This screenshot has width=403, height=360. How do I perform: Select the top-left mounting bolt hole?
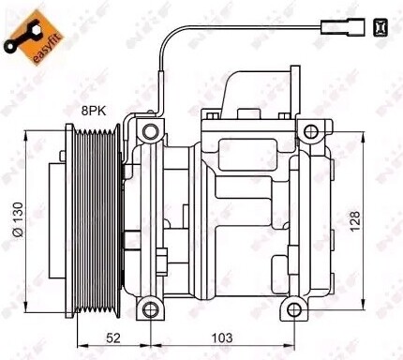pyautogui.click(x=145, y=129)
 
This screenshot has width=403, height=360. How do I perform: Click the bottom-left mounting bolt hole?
pyautogui.click(x=145, y=308)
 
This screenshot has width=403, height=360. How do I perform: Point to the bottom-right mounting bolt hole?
pyautogui.click(x=314, y=308)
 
